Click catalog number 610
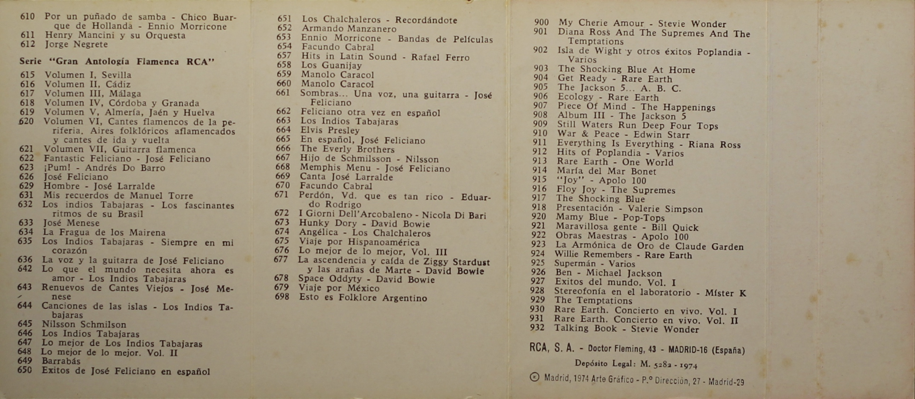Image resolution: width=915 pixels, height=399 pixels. (x=27, y=16)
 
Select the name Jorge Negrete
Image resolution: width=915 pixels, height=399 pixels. (x=76, y=44)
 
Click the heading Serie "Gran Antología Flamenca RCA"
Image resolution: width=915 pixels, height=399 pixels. (x=117, y=62)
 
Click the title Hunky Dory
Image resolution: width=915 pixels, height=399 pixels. (x=328, y=223)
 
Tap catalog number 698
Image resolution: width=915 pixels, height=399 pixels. (x=282, y=297)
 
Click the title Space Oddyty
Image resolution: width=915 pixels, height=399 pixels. (x=330, y=279)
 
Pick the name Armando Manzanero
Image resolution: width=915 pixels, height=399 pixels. (x=349, y=29)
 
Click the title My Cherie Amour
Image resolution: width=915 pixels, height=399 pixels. (x=601, y=23)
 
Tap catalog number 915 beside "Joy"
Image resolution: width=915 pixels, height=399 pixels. (x=539, y=180)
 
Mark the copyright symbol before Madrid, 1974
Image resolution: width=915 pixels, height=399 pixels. (x=534, y=377)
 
